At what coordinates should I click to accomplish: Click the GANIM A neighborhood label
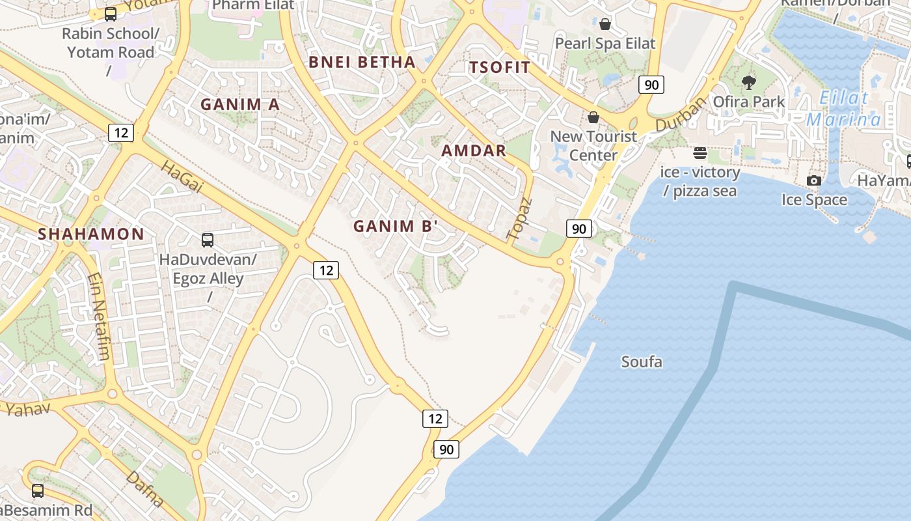pyautogui.click(x=239, y=104)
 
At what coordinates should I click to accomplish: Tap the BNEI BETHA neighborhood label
pyautogui.click(x=362, y=62)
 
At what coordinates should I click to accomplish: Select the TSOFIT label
pyautogui.click(x=500, y=67)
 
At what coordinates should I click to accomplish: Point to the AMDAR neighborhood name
pyautogui.click(x=474, y=150)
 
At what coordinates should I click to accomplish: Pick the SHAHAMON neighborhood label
pyautogui.click(x=91, y=234)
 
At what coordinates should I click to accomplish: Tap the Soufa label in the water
pyautogui.click(x=642, y=361)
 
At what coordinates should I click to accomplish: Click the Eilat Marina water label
pyautogui.click(x=843, y=109)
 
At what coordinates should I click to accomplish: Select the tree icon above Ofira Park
pyautogui.click(x=749, y=83)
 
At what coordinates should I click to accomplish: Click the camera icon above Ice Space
pyautogui.click(x=814, y=180)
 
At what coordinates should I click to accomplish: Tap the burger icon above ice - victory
pyautogui.click(x=700, y=153)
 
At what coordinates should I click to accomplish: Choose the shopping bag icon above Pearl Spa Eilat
pyautogui.click(x=605, y=24)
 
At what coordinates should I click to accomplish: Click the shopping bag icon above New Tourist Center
pyautogui.click(x=593, y=117)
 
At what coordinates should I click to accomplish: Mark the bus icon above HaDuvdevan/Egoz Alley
pyautogui.click(x=208, y=240)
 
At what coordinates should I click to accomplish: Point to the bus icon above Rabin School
pyautogui.click(x=111, y=14)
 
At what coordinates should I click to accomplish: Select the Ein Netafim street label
pyautogui.click(x=98, y=317)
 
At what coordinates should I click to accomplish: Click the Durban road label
pyautogui.click(x=681, y=114)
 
